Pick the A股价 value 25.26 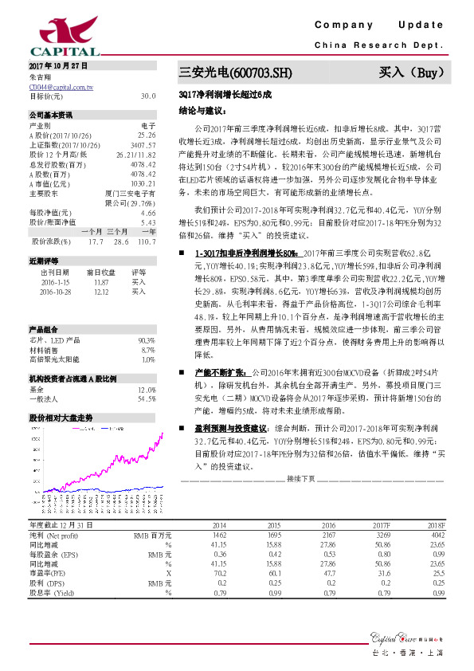click(147, 135)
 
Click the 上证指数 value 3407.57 click(143, 145)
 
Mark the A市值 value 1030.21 click(143, 182)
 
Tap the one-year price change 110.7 click(145, 240)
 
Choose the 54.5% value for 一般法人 click(147, 398)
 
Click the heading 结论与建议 click(198, 112)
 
